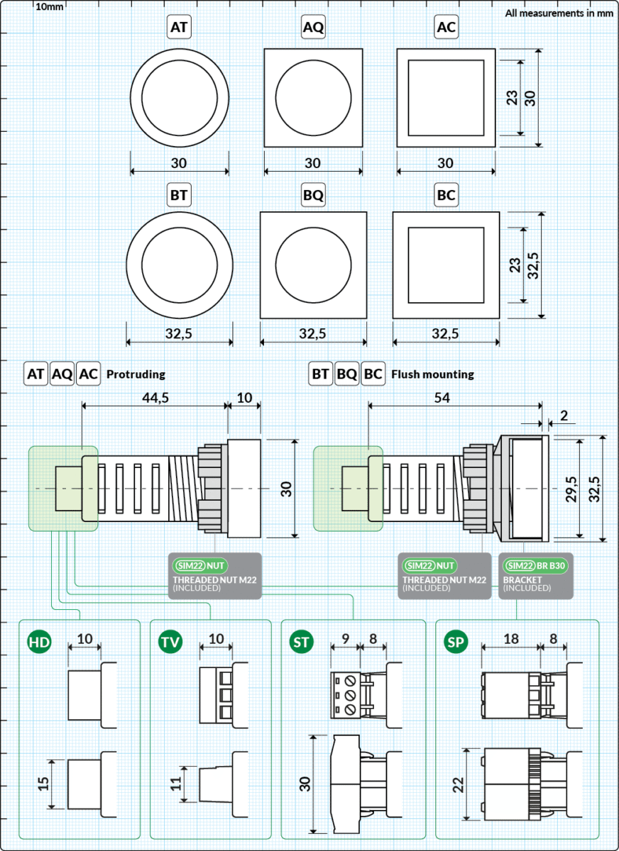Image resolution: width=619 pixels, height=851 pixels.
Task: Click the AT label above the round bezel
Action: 179,28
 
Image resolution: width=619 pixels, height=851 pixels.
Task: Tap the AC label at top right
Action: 446,28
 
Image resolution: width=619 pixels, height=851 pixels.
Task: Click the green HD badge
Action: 39,643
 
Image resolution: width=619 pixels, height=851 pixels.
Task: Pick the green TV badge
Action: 170,643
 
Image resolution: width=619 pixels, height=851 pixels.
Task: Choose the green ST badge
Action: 302,643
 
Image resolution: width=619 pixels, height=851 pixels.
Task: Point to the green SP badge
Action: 455,643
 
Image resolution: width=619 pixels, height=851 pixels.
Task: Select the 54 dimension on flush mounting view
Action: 442,398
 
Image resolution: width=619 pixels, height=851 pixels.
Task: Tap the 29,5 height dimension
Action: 569,489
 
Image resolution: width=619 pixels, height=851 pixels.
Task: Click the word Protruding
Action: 136,374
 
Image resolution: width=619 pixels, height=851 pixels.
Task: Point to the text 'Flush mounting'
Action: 432,374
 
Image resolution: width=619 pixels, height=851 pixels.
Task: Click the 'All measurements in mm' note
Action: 559,13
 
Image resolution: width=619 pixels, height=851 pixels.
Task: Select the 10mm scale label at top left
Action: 49,6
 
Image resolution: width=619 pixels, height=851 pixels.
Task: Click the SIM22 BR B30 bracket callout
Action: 537,575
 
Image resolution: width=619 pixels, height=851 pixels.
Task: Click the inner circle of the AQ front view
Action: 313,98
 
